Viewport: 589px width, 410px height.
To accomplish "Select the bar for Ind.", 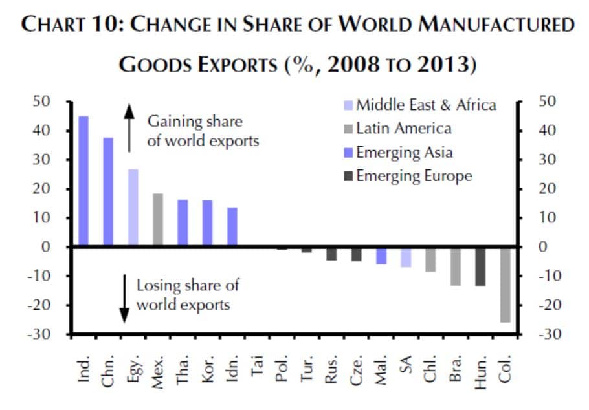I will (x=83, y=181).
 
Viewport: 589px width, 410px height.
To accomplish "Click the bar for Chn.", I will (x=108, y=192).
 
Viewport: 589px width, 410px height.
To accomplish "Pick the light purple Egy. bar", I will (x=133, y=208).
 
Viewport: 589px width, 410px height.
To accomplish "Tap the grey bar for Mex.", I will (x=158, y=220).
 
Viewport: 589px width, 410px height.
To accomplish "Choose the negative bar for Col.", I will (x=505, y=285).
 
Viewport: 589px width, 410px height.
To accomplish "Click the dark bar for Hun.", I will (x=480, y=266).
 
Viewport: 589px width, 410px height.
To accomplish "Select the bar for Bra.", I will (x=456, y=266).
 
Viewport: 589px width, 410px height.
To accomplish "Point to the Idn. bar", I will (x=232, y=227).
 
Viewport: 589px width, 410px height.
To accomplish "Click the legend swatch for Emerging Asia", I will (x=348, y=153).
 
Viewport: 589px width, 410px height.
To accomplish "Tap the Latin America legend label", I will (x=404, y=128).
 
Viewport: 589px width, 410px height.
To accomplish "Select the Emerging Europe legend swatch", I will (x=348, y=176).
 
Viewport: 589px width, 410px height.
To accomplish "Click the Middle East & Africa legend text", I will (x=426, y=105).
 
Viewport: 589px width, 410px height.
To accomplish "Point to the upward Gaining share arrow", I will (x=129, y=128).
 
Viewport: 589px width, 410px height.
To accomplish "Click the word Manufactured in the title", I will (x=499, y=25).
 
